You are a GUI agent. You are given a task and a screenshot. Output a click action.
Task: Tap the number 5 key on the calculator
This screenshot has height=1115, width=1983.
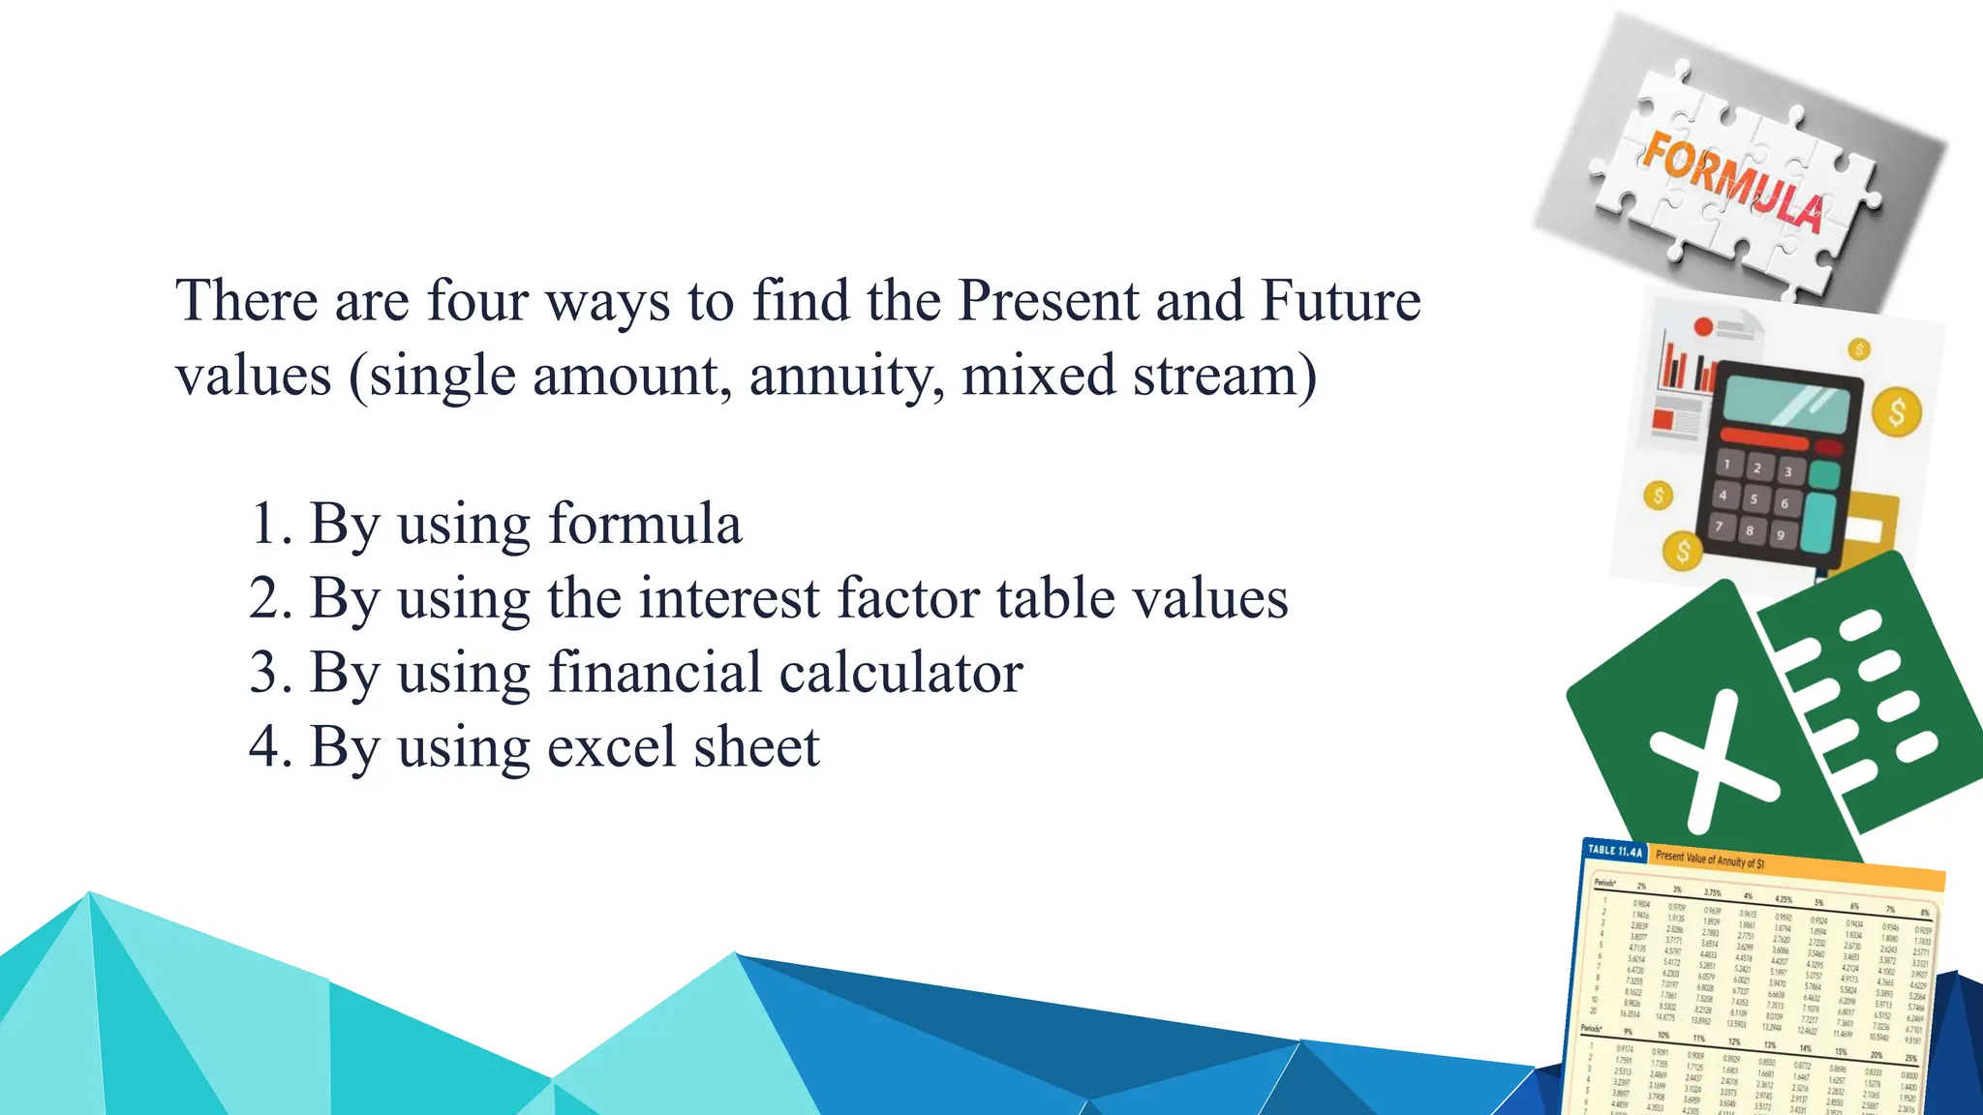1754,499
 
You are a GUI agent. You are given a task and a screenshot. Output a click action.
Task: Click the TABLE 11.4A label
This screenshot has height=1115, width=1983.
1614,851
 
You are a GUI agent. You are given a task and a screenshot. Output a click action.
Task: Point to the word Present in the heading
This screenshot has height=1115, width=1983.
1048,300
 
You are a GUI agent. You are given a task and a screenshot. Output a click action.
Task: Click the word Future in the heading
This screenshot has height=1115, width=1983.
1340,300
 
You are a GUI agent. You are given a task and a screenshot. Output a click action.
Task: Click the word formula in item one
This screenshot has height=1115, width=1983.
645,524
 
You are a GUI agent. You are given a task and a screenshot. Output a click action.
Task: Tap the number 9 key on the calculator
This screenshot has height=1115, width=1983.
1780,534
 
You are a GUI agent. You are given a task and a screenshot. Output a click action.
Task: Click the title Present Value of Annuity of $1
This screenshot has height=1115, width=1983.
1710,859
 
